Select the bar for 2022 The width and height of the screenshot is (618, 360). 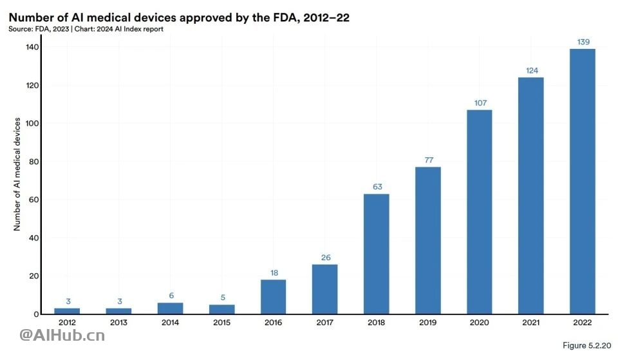(x=582, y=182)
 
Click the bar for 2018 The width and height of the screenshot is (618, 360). (x=376, y=254)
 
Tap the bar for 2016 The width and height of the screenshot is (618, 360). (x=273, y=297)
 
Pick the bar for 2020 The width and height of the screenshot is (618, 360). (x=479, y=212)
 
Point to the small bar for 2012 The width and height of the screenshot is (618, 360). (x=67, y=311)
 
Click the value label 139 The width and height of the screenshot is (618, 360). (x=582, y=42)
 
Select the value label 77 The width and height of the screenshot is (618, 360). (x=427, y=160)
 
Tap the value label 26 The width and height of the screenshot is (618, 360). (x=325, y=258)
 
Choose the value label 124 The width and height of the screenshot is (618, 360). (x=530, y=70)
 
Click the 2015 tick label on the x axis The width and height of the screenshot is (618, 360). (x=221, y=322)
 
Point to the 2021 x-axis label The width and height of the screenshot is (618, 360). (x=530, y=322)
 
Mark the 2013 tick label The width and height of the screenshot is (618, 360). (x=118, y=322)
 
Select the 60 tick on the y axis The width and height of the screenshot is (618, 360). (x=30, y=200)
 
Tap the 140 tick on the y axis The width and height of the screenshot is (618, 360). (x=28, y=47)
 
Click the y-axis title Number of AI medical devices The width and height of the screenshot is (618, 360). (x=17, y=174)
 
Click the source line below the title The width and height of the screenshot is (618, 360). (x=86, y=29)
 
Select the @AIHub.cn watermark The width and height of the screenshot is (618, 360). (x=62, y=335)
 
